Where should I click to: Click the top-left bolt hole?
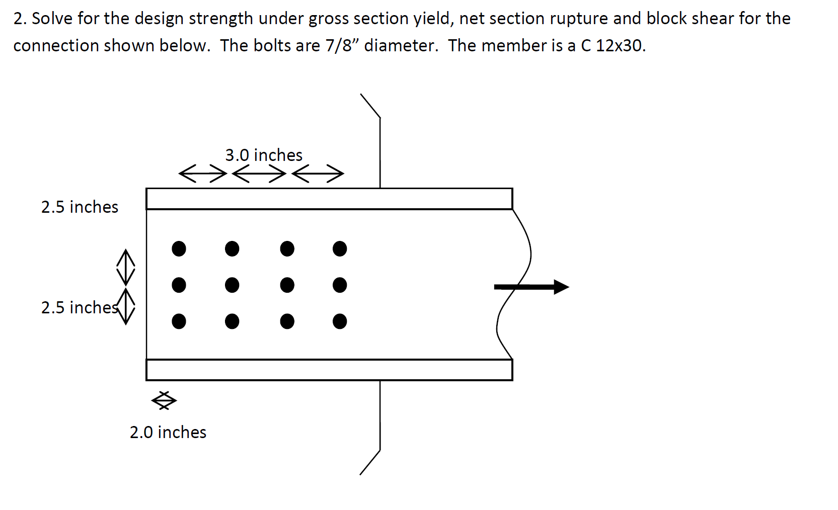pos(179,248)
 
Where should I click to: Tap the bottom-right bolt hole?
pos(340,321)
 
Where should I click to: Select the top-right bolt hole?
pos(340,248)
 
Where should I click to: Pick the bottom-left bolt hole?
pos(179,321)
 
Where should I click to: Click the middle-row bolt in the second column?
pos(232,285)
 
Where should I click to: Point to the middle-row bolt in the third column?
pos(287,285)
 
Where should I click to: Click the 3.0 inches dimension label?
pos(264,155)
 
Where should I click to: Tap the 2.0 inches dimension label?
pos(168,432)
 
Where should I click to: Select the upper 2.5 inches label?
pos(80,207)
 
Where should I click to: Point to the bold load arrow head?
pos(561,287)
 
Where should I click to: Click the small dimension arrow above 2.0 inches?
pos(164,401)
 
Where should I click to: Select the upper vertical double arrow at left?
pos(126,267)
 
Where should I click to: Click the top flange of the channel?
pos(329,199)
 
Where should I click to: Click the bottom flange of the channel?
pos(329,370)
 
